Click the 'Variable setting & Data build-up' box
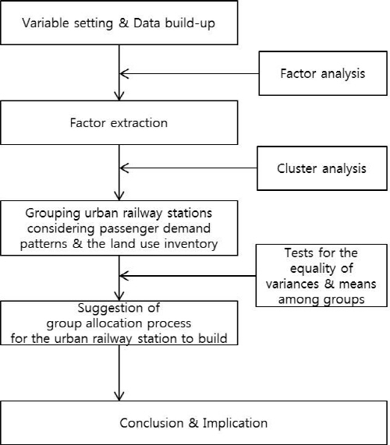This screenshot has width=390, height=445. pyautogui.click(x=119, y=23)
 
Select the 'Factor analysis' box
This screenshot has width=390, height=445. pyautogui.click(x=323, y=73)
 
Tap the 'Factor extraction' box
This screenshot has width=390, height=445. pyautogui.click(x=119, y=122)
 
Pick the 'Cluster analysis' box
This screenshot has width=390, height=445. pyautogui.click(x=322, y=168)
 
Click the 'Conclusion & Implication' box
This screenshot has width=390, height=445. pyautogui.click(x=194, y=422)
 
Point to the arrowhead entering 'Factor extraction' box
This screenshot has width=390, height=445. pyautogui.click(x=119, y=97)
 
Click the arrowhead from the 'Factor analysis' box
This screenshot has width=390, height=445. pyautogui.click(x=123, y=73)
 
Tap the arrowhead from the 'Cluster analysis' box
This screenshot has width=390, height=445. pyautogui.click(x=123, y=168)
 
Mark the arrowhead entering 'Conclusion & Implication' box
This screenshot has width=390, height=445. pyautogui.click(x=119, y=397)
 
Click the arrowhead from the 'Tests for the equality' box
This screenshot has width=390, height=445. pyautogui.click(x=123, y=276)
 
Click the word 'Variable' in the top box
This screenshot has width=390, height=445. pyautogui.click(x=46, y=23)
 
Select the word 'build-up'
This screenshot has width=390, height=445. pyautogui.click(x=190, y=23)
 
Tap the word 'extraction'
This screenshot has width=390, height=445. pyautogui.click(x=139, y=123)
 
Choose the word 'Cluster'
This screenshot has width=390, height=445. pyautogui.click(x=296, y=168)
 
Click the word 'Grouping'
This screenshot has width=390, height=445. pyautogui.click(x=53, y=214)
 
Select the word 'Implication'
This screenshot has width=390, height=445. pyautogui.click(x=235, y=423)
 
